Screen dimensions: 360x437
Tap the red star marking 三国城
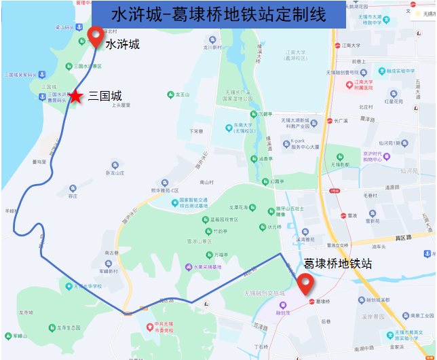pyautogui.click(x=75, y=97)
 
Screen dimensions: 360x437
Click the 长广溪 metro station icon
pyautogui.click(x=328, y=121)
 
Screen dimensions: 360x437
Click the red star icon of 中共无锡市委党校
pyautogui.click(x=151, y=325)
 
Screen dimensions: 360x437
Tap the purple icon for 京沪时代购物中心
pyautogui.click(x=386, y=157)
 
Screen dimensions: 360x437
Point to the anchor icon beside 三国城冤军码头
pyautogui.click(x=41, y=74)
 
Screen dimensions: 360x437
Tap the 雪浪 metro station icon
pyautogui.click(x=342, y=215)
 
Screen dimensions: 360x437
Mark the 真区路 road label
pyautogui.click(x=403, y=238)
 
